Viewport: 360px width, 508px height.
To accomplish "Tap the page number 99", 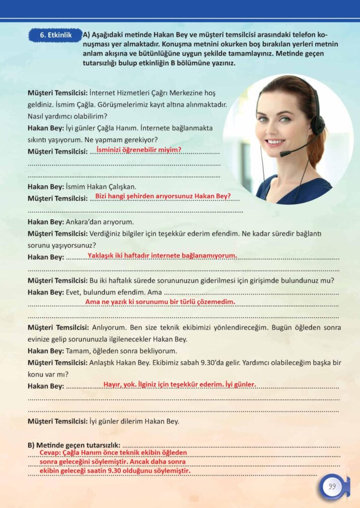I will point(332,486).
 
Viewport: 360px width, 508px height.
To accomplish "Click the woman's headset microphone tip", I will point(282,154).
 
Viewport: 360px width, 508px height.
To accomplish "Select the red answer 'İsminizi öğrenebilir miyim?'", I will point(138,149).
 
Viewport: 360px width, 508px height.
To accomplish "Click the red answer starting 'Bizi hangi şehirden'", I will point(163,196).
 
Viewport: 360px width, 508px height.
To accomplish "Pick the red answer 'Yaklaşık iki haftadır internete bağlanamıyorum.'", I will point(162,255).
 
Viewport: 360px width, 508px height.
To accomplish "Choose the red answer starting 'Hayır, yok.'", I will point(180,384).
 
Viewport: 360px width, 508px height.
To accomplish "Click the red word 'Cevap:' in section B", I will point(51,453).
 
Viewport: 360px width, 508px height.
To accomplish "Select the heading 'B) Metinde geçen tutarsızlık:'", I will point(74,444).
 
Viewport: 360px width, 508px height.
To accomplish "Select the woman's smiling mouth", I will point(276,141).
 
